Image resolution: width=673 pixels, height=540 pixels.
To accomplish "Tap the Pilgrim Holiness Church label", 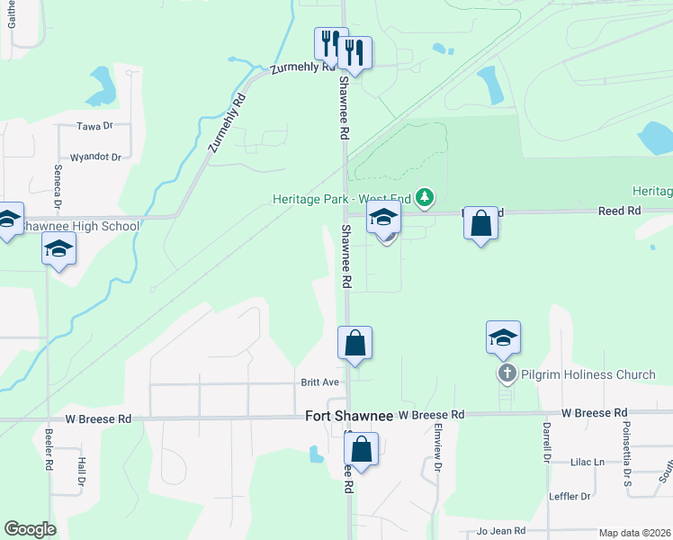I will point(573,373).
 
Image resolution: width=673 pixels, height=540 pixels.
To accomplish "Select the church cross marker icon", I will point(506,373).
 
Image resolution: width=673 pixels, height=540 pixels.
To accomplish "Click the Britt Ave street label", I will point(319,382).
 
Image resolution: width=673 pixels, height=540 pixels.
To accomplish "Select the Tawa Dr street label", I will point(94,126).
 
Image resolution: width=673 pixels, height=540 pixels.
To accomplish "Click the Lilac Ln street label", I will point(588,462).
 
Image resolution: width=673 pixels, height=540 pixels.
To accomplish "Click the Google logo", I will point(30,529).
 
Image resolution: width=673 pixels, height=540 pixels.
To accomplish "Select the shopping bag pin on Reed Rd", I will point(481,223).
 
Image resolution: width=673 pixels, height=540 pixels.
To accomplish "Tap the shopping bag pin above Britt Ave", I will point(354,343).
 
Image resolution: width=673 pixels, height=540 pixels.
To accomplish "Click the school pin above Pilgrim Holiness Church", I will point(503,337).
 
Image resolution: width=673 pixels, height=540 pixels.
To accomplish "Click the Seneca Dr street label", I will point(56,187).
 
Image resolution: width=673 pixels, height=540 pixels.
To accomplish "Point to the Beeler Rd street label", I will point(49,449).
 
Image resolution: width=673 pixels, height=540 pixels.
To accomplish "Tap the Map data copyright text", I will point(634,533).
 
